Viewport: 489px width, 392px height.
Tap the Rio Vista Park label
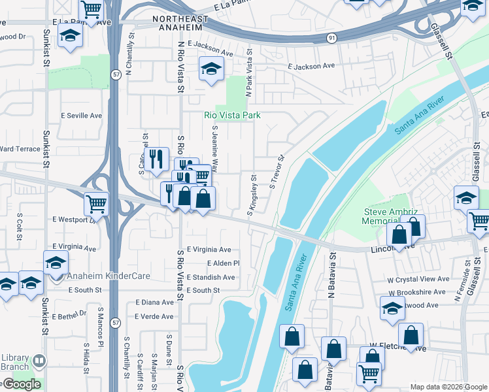click(232, 115)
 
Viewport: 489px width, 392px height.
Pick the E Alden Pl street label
click(224, 263)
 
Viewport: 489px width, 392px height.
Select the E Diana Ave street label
click(154, 302)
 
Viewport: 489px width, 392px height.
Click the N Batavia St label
click(332, 278)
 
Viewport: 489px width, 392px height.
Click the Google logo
click(21, 384)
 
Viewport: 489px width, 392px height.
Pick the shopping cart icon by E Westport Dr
click(96, 203)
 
